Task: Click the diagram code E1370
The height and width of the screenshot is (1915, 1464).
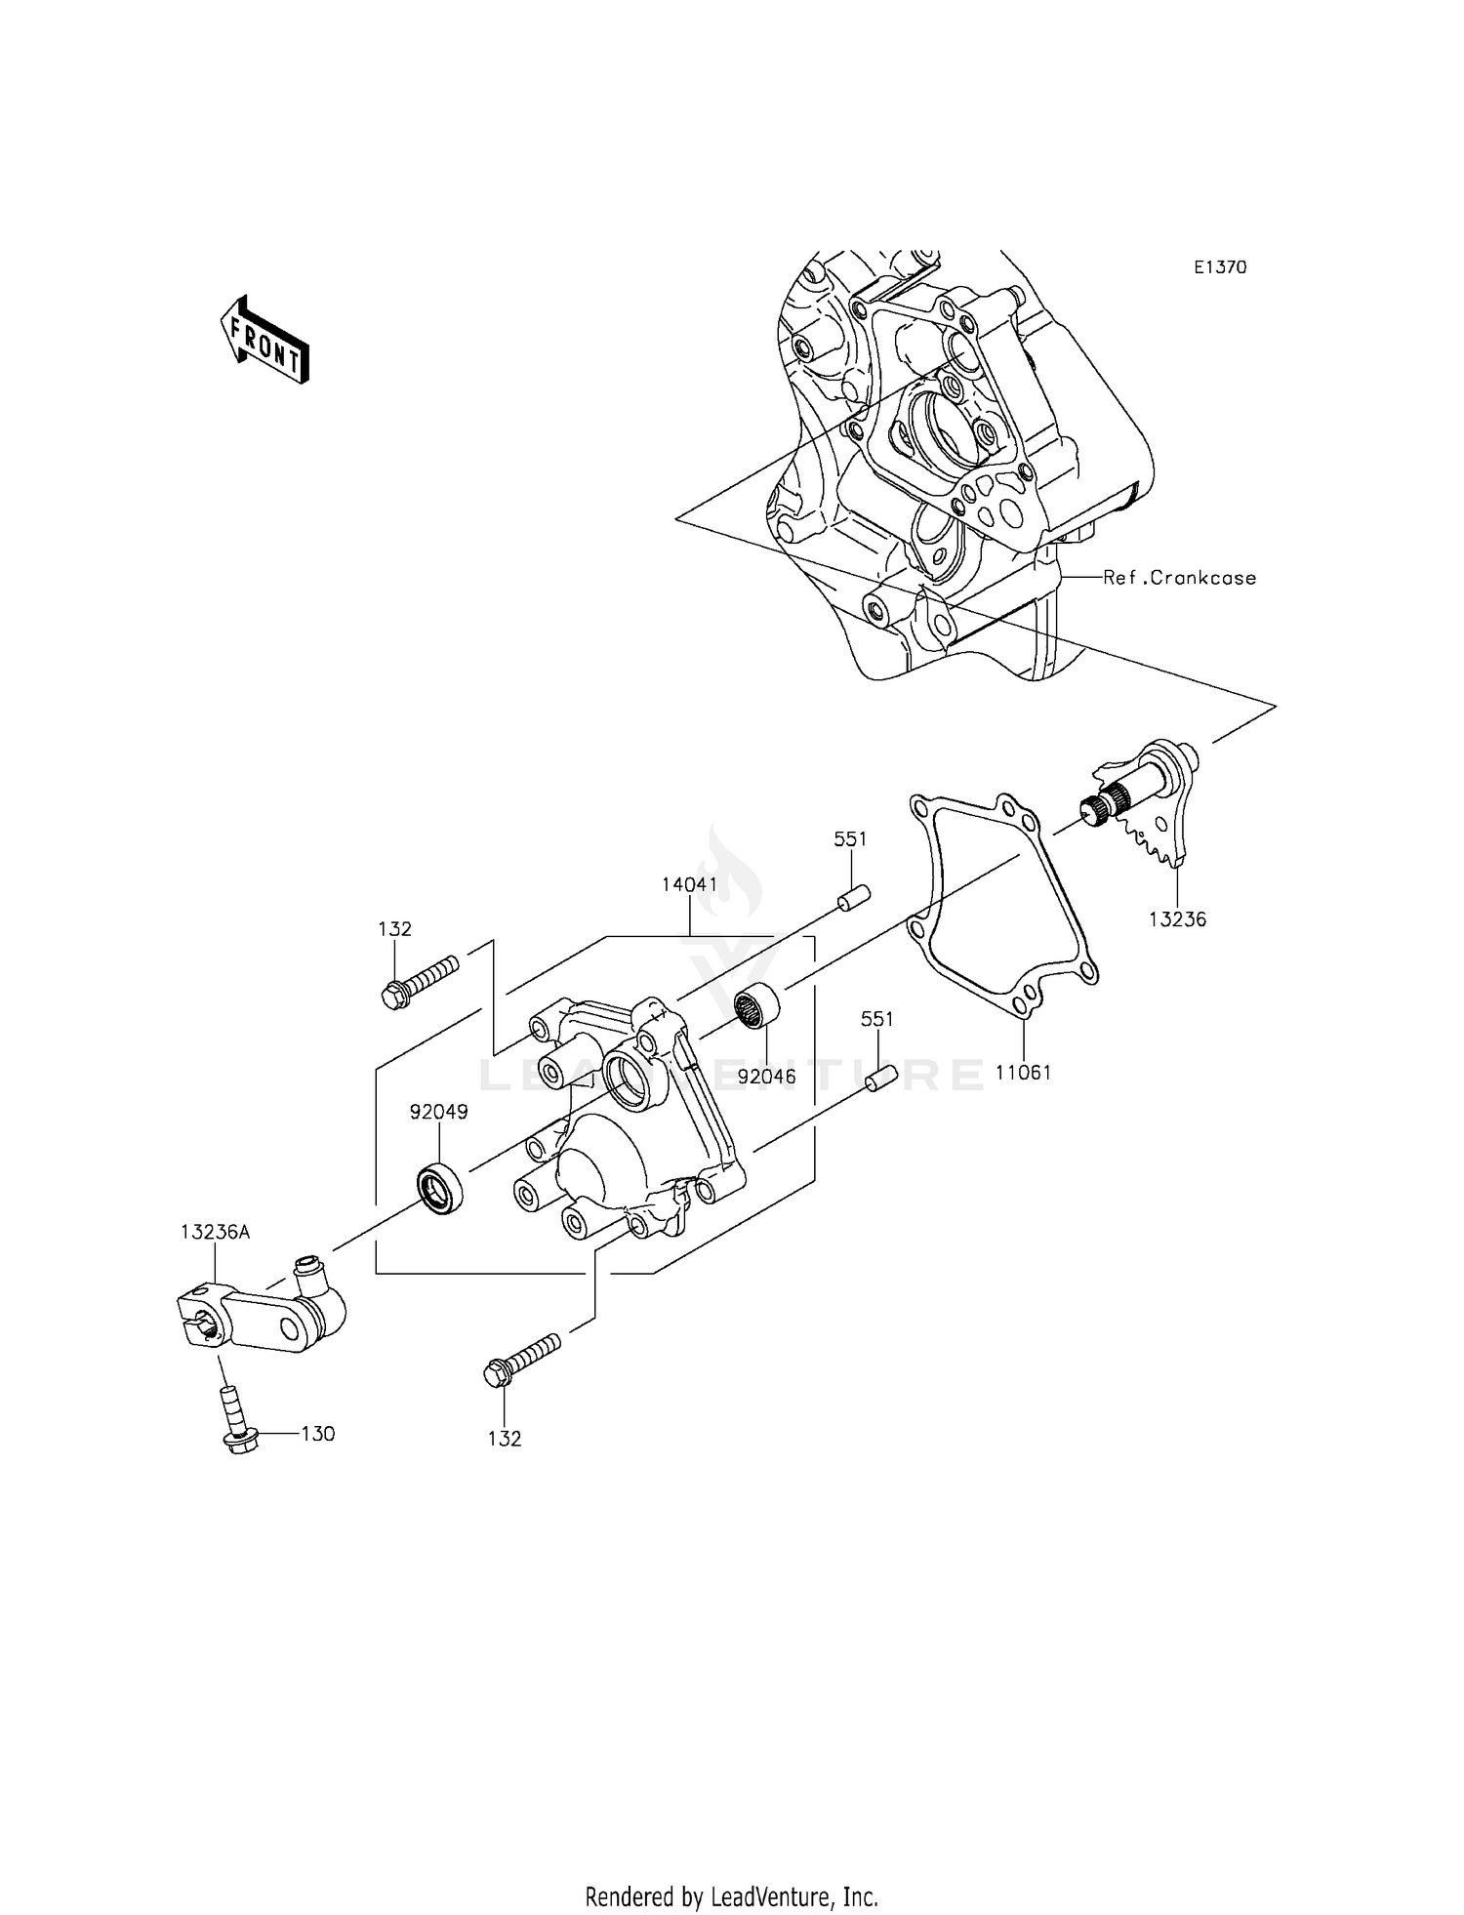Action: pyautogui.click(x=1220, y=267)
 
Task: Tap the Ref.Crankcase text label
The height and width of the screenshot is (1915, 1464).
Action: pyautogui.click(x=1179, y=578)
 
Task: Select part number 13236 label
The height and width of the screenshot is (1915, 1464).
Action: pyautogui.click(x=1177, y=919)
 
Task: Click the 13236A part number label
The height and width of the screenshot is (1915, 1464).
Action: pyautogui.click(x=215, y=1233)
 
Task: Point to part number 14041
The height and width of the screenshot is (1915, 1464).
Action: pyautogui.click(x=689, y=885)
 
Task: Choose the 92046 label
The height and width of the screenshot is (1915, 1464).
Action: pyautogui.click(x=766, y=1078)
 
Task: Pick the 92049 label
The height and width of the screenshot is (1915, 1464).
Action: pyautogui.click(x=438, y=1112)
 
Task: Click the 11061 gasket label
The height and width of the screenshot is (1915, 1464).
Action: pyautogui.click(x=1023, y=1073)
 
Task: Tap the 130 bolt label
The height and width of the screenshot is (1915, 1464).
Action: pyautogui.click(x=317, y=1434)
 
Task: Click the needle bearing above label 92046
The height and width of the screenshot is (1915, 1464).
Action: pyautogui.click(x=756, y=1006)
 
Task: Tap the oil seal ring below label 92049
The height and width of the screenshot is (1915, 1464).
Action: pyautogui.click(x=439, y=1188)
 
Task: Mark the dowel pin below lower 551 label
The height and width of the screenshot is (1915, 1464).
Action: pyautogui.click(x=880, y=1082)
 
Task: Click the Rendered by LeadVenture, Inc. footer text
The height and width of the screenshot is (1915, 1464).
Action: pyautogui.click(x=731, y=1896)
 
